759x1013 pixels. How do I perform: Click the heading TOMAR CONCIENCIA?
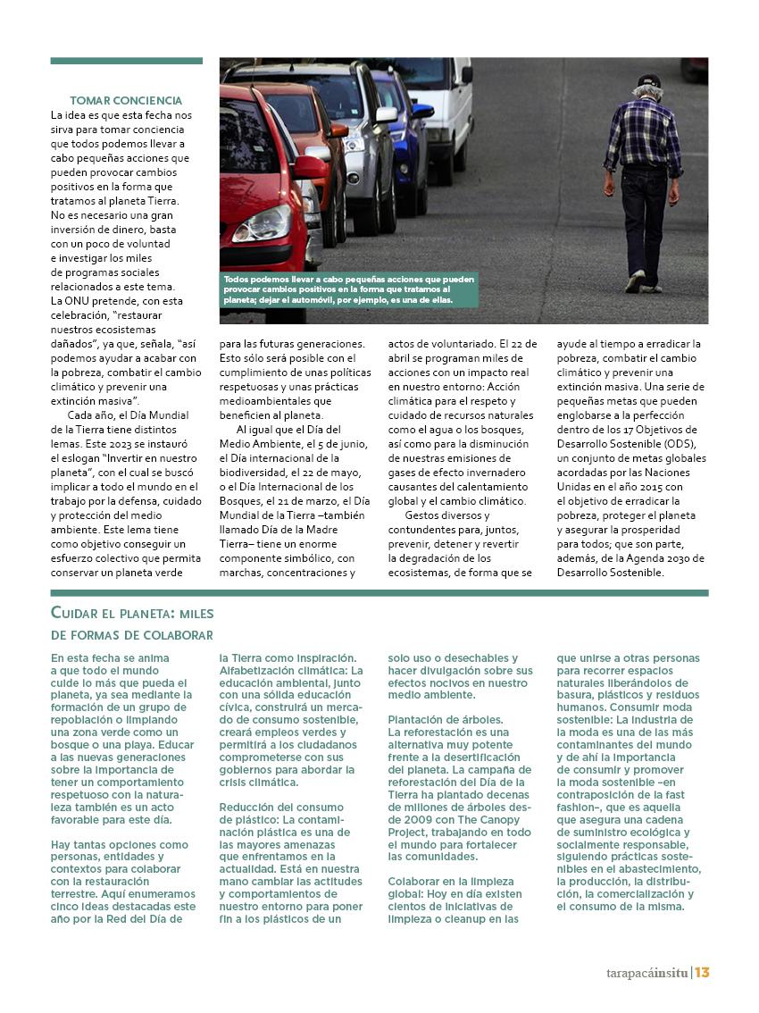tap(126, 101)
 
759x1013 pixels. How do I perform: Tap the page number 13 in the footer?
tap(702, 973)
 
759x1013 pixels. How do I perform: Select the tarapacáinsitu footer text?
tap(642, 973)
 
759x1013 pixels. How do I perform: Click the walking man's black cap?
tap(649, 81)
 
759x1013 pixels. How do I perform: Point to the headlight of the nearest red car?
tap(261, 223)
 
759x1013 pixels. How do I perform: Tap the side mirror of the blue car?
tap(421, 112)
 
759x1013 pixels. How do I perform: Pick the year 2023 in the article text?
tap(123, 444)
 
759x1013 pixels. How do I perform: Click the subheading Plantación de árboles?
tap(446, 719)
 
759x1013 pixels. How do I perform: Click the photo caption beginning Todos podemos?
tap(348, 289)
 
